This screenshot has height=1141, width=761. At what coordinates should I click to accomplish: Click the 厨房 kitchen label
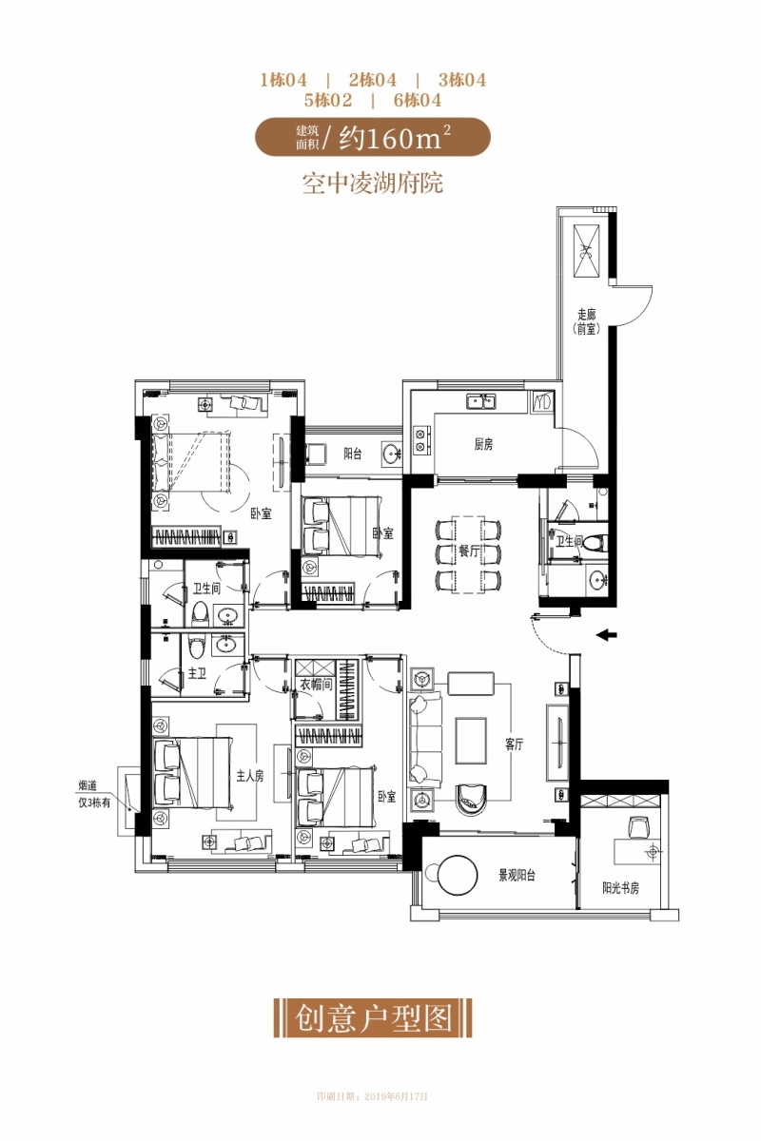[483, 444]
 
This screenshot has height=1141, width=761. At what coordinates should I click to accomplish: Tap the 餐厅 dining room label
[468, 551]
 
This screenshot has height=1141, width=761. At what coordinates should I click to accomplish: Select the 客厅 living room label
[515, 745]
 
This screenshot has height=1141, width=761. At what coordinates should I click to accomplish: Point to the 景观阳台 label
[517, 876]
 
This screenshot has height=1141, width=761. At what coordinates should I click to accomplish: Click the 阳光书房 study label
[620, 888]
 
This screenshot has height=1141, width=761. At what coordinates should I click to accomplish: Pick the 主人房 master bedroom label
[250, 776]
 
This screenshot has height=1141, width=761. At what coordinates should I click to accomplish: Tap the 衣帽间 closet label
[316, 684]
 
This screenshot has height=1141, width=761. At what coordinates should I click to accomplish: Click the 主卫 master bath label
[197, 673]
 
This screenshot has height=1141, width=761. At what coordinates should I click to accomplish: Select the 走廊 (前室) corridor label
[586, 321]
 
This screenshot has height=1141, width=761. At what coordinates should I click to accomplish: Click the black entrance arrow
[607, 635]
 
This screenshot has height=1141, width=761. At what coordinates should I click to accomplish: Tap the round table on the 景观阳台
[459, 875]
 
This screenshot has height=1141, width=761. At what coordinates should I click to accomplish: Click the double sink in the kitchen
[481, 401]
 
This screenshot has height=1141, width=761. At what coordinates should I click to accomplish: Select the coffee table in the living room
[471, 740]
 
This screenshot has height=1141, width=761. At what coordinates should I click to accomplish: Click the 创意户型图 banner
[373, 1018]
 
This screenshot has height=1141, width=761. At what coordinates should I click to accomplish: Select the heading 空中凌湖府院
[373, 184]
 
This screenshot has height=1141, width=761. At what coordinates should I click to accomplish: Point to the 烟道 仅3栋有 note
[94, 795]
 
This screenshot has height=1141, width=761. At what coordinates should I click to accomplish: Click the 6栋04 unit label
[418, 101]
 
